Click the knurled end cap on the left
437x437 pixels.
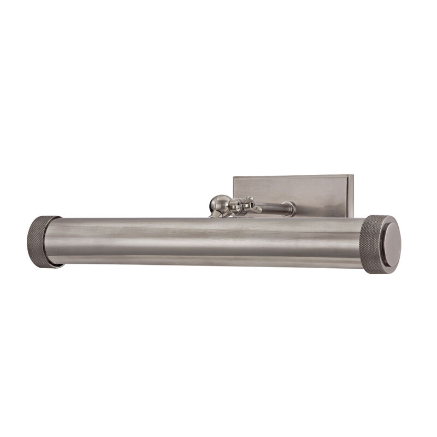[x=43, y=241]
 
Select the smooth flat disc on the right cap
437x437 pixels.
[x=387, y=244]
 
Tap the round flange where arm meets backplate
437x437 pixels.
[x=292, y=208]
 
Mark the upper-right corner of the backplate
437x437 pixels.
[x=352, y=176]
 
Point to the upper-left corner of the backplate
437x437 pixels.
[x=234, y=178]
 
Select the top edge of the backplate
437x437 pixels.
[x=292, y=176]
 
